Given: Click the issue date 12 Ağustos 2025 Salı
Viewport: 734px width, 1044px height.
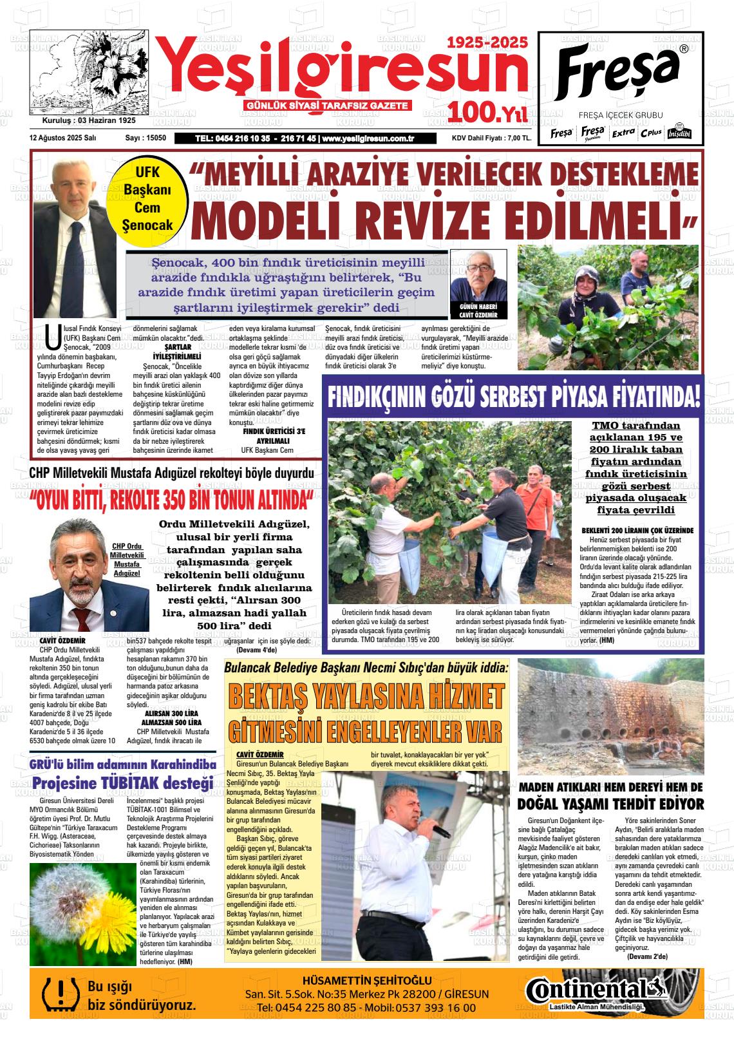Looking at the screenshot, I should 63,138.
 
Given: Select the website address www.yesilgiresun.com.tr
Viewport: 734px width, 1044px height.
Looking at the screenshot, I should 367,138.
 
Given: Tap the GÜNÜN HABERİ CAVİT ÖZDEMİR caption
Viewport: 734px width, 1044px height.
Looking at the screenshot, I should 478,310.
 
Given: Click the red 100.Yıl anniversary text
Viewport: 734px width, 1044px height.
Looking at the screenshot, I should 489,113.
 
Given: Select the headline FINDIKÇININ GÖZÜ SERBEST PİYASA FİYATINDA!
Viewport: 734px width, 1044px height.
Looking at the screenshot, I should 513,397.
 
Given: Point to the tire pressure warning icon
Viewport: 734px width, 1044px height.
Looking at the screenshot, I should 59,994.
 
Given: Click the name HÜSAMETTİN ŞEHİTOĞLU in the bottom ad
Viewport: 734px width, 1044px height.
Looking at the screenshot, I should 366,980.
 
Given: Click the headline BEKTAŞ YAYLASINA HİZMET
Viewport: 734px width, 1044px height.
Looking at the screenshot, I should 366,696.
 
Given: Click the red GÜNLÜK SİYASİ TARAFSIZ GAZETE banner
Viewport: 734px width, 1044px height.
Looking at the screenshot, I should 328,106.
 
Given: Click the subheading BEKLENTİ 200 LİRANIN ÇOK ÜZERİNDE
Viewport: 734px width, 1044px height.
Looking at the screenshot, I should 637,530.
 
